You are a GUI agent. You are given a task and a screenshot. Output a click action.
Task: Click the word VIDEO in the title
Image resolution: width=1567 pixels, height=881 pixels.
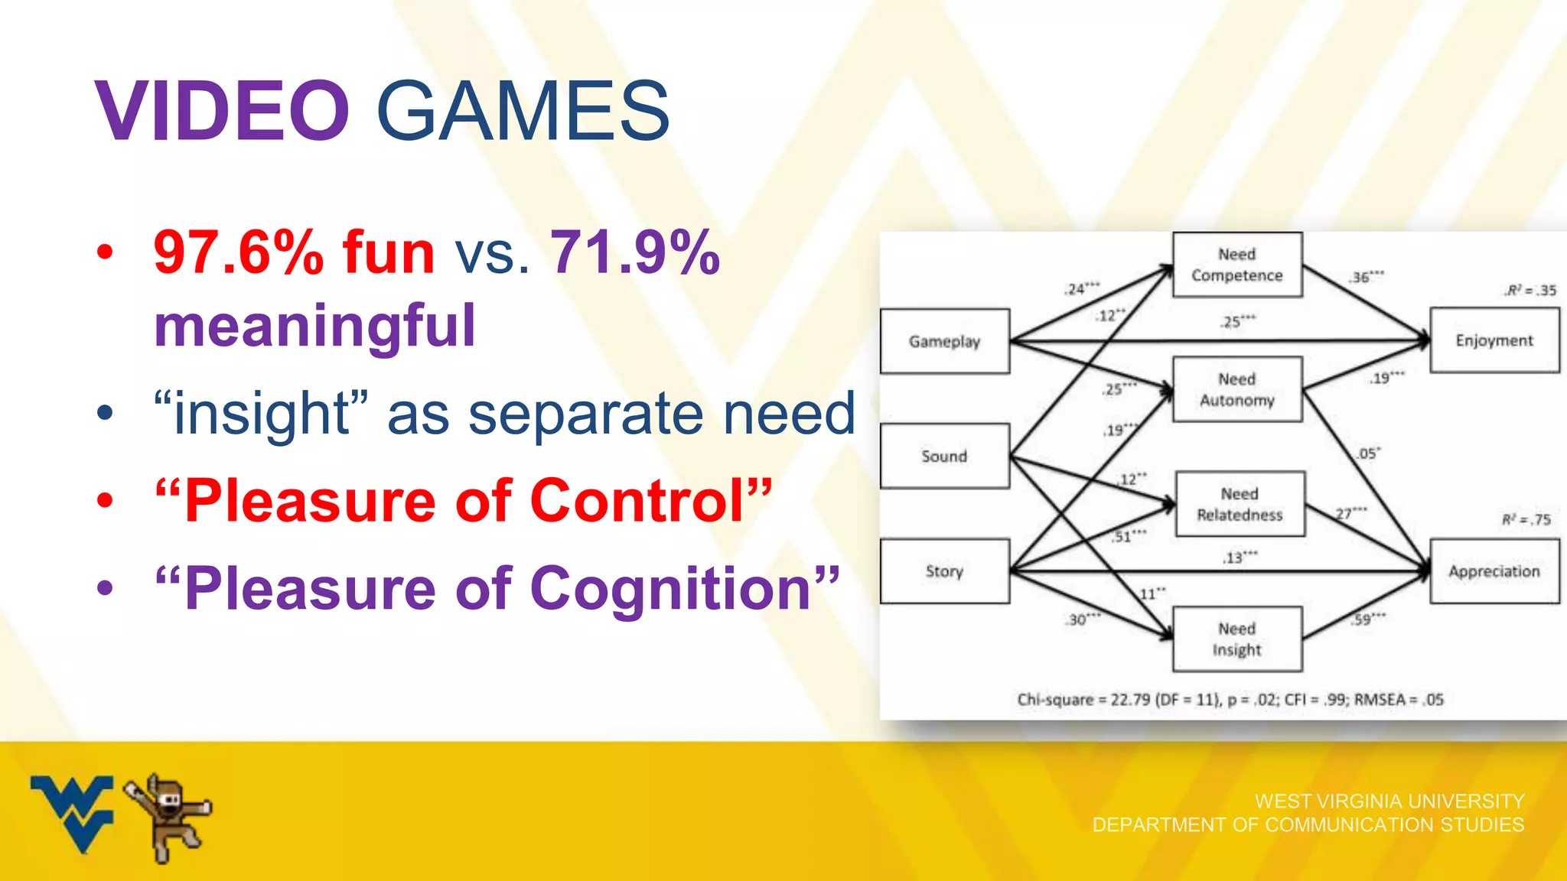pos(222,112)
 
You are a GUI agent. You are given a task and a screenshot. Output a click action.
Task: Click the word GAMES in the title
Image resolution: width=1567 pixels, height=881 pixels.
pos(523,112)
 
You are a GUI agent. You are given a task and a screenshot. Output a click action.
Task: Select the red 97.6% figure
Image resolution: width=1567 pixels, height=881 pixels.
pos(238,252)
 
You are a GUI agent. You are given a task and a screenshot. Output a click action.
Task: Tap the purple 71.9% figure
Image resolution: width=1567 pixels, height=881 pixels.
pos(635,252)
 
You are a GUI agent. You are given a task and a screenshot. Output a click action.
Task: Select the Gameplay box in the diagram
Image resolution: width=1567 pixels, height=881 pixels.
pos(945,341)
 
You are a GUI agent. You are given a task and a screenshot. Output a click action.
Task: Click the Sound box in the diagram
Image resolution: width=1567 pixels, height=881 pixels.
pos(945,457)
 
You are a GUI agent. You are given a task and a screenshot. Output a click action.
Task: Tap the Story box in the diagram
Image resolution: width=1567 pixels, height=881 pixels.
pos(945,571)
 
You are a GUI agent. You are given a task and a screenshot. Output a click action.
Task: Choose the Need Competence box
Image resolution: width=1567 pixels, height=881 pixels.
pos(1237,265)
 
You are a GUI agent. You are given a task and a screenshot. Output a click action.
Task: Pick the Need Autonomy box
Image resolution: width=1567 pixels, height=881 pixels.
pos(1237,389)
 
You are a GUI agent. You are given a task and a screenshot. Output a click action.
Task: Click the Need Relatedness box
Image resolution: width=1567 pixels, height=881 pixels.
pos(1240,504)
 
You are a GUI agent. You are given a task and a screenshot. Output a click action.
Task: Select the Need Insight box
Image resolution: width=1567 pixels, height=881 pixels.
pos(1237,639)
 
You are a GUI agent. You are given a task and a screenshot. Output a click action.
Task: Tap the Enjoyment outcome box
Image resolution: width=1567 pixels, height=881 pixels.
pos(1494,340)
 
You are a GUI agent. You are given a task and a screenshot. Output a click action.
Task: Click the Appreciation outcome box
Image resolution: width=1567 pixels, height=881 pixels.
pos(1494,571)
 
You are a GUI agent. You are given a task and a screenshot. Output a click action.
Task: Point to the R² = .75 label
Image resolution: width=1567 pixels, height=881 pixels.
pos(1526,520)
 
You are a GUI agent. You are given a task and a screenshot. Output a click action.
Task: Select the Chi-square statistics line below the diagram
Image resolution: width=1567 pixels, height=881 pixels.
pos(1230,699)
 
